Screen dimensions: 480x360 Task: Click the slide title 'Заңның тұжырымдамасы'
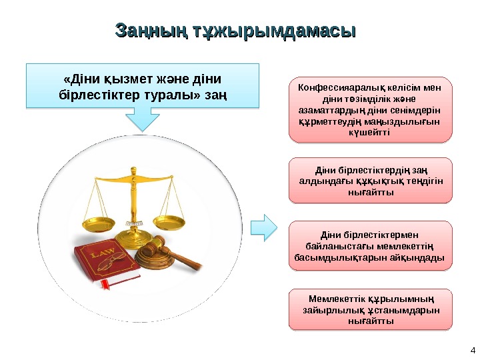tap(235, 31)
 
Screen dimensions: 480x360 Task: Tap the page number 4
tap(472, 351)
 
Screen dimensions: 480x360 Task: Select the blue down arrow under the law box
tap(141, 119)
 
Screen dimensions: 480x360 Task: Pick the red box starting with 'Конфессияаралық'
tap(370, 110)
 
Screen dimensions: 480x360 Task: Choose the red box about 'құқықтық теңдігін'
tap(370, 180)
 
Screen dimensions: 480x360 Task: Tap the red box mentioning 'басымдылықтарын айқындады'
tap(370, 246)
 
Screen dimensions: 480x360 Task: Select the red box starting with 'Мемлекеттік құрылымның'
tap(370, 309)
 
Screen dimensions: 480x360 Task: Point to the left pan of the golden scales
tap(99, 221)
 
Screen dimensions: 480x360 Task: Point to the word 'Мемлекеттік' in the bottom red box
tap(336, 298)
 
